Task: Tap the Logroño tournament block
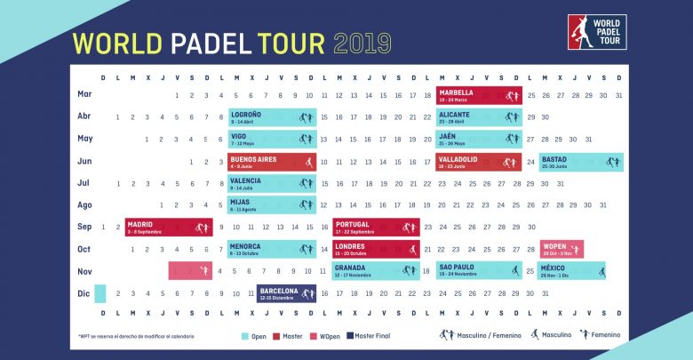click(x=271, y=116)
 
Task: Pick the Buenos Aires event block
click(x=271, y=161)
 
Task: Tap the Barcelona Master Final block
click(x=287, y=292)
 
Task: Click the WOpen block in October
click(x=562, y=248)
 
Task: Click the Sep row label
click(x=85, y=227)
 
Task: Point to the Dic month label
click(x=85, y=292)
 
